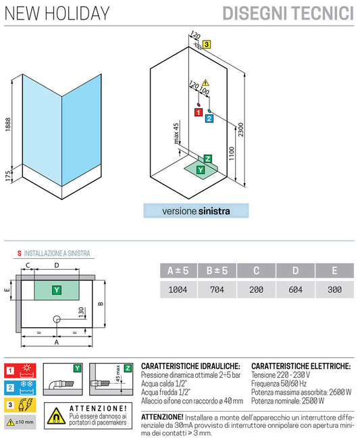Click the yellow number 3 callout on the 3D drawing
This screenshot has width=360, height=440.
point(207,44)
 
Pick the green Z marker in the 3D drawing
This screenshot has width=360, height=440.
point(208,158)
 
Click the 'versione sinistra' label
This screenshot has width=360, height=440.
point(196,211)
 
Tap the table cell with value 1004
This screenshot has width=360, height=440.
point(179,289)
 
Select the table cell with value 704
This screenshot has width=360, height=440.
point(218,289)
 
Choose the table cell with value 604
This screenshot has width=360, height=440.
point(296,289)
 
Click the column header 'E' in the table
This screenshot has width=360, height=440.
point(334,270)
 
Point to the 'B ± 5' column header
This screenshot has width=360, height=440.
point(218,270)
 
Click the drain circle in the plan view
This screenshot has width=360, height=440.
point(57,319)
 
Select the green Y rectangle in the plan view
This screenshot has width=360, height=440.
point(57,290)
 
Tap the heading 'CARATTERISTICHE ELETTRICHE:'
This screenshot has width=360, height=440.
point(301,365)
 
